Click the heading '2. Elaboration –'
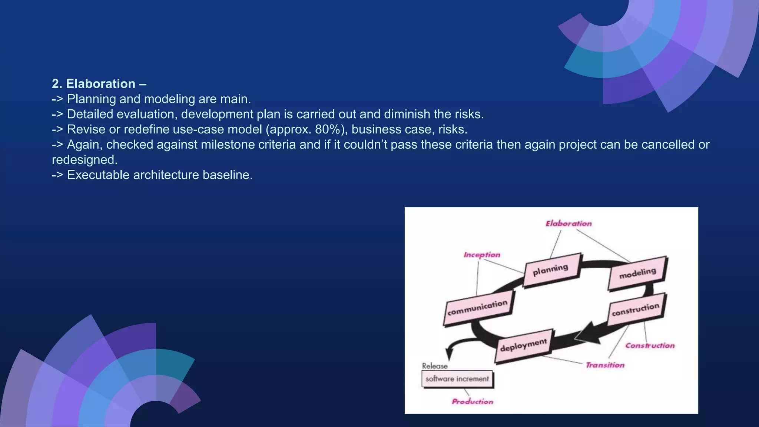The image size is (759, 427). coord(99,84)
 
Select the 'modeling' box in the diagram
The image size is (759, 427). coord(637,273)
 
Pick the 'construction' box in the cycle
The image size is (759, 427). coord(636,310)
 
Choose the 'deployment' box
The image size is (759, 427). coord(523,345)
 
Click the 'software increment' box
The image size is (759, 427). coord(457,379)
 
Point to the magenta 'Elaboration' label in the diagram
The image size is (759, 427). coord(569,224)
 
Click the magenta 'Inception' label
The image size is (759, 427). coord(482,255)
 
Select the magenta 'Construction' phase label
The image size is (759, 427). coord(650,345)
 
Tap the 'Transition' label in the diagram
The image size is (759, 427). coord(605,365)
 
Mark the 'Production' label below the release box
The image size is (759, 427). coord(473,401)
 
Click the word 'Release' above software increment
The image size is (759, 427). coord(435,366)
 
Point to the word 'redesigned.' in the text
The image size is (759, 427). coord(84,160)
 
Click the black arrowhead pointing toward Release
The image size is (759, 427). coord(450,354)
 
